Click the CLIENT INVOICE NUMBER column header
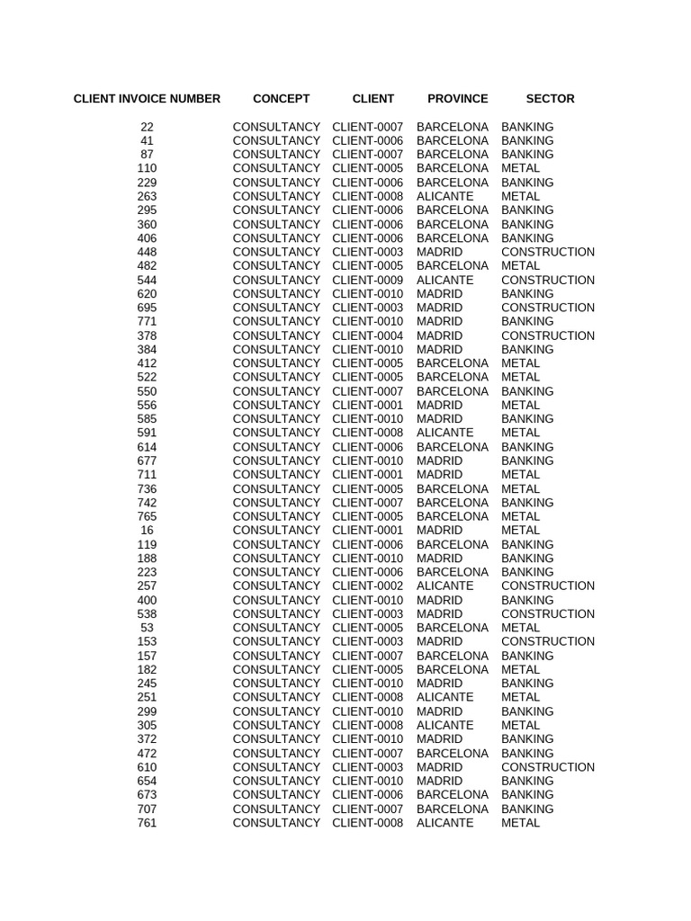(147, 99)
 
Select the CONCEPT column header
(281, 99)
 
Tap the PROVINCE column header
(457, 99)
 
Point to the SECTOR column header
(550, 99)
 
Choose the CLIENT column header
(372, 99)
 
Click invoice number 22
(147, 127)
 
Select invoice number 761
(147, 823)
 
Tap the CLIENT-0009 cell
(367, 280)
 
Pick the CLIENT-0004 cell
(367, 335)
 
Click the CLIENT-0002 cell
(367, 586)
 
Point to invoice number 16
(147, 530)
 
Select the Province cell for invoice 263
(444, 196)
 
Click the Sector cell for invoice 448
(547, 252)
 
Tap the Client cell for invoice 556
(367, 405)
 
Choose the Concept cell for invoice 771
(276, 321)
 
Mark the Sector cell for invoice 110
(520, 168)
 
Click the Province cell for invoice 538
(439, 613)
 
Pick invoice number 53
(147, 628)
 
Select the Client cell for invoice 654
(367, 781)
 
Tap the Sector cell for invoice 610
(547, 767)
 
